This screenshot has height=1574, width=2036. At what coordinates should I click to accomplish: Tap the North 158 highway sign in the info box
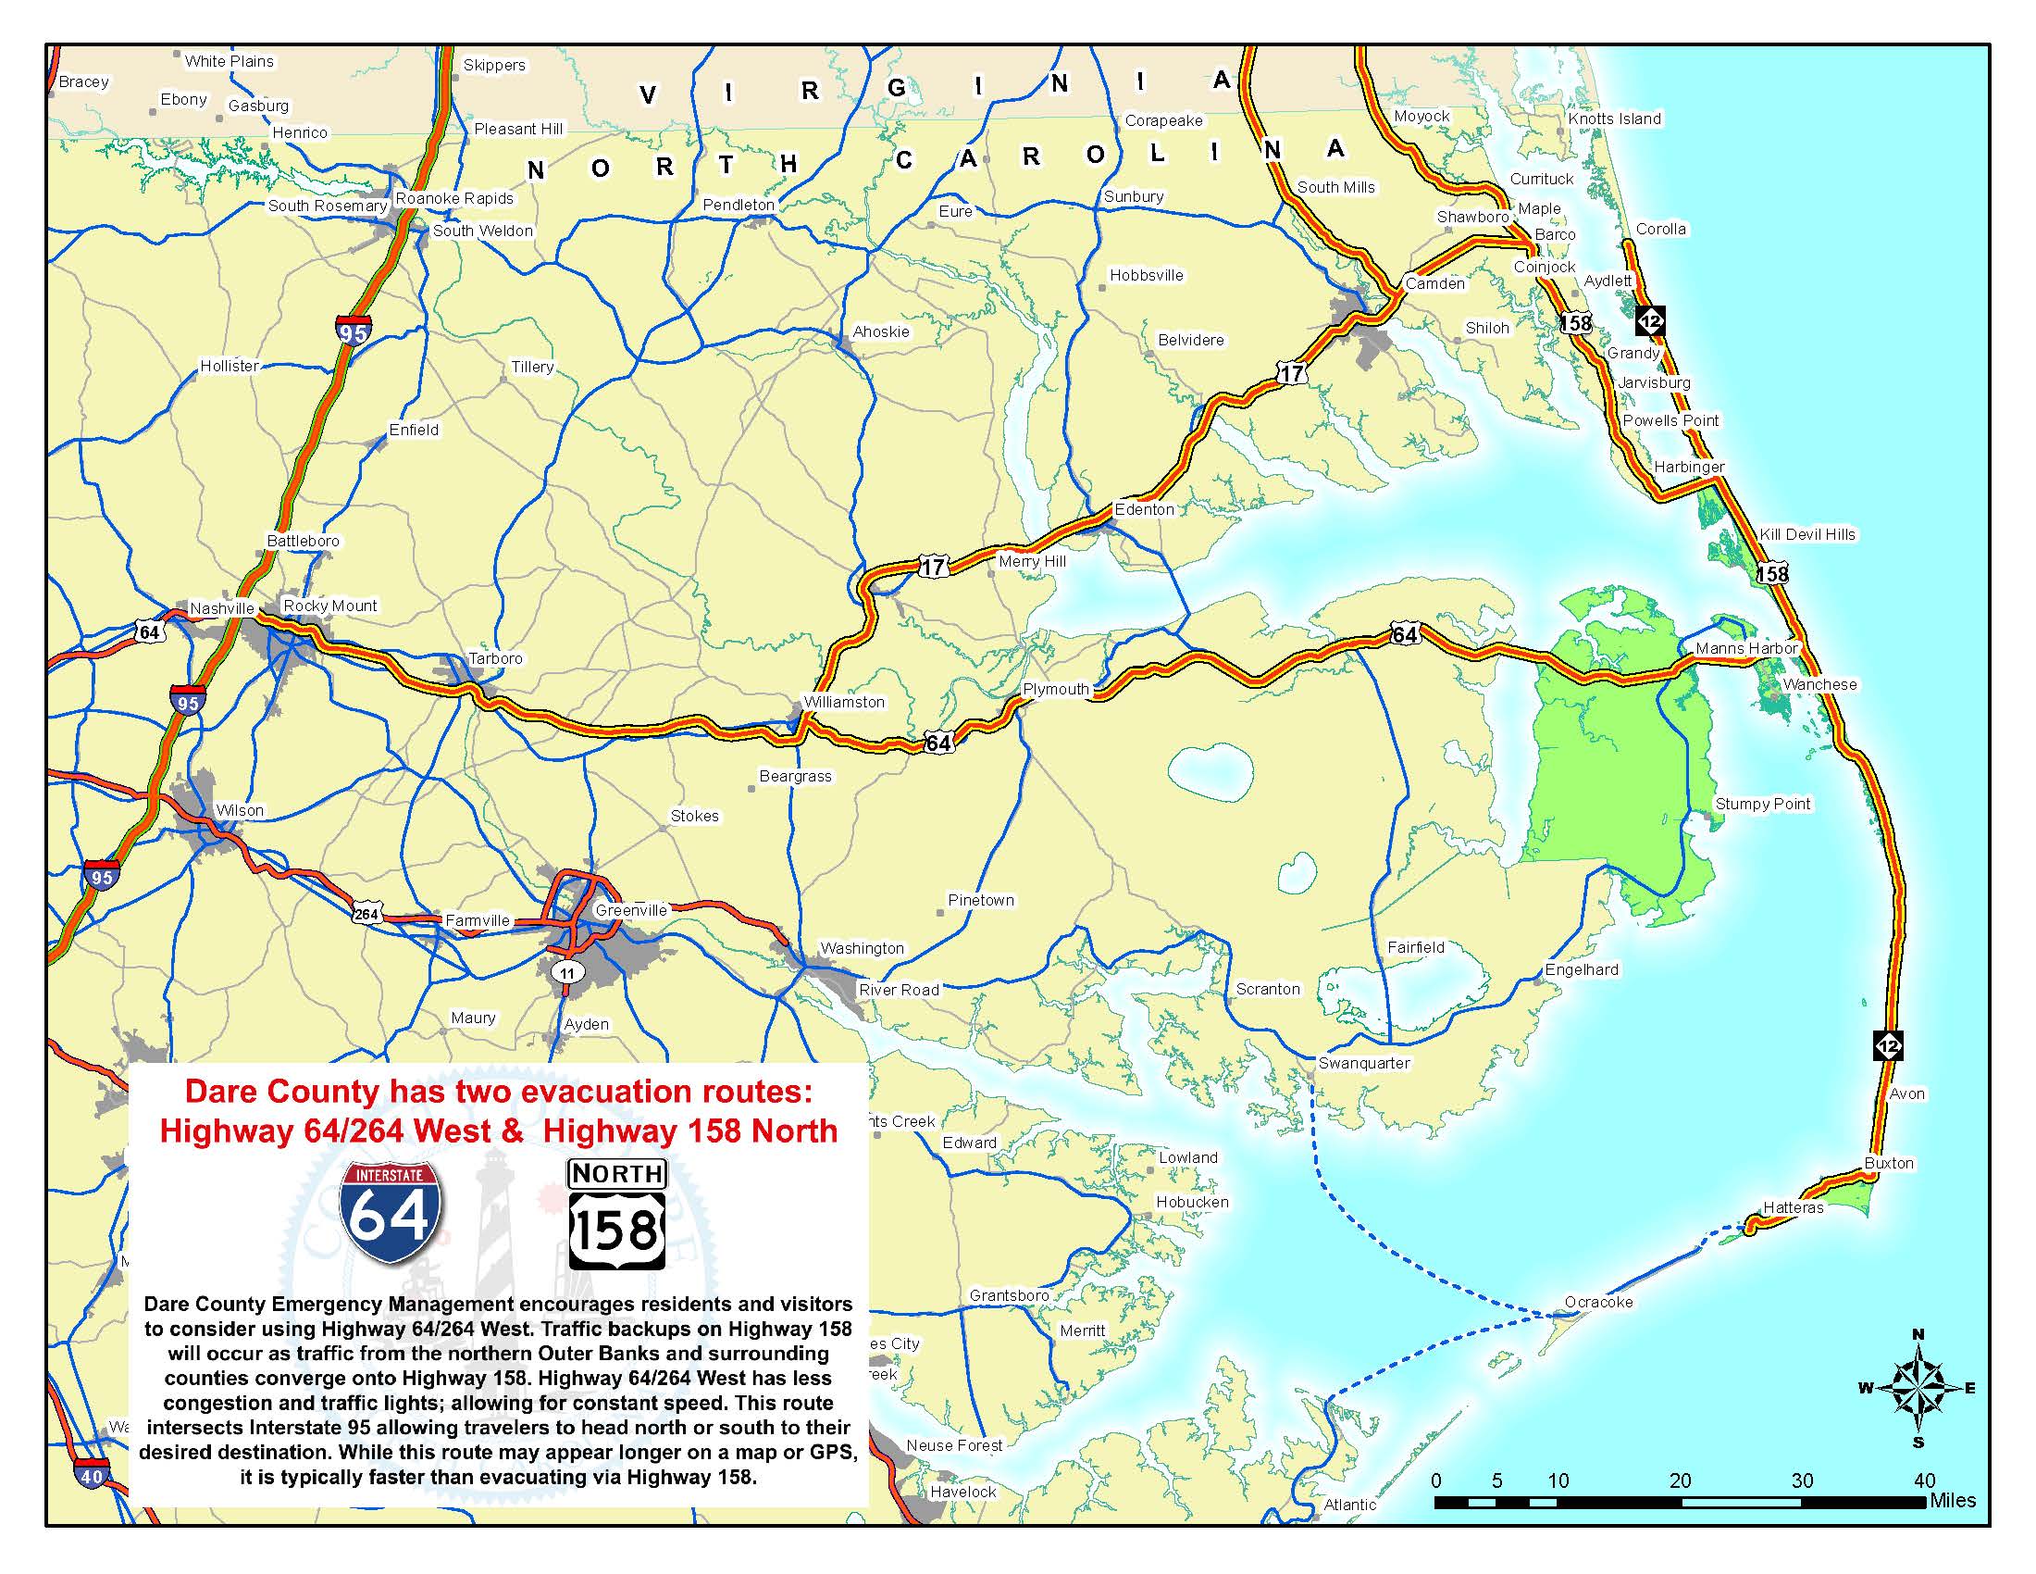(x=616, y=1215)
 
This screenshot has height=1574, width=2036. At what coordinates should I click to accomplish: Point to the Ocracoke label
(x=1598, y=1302)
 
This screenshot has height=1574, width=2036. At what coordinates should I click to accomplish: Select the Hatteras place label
(x=1793, y=1207)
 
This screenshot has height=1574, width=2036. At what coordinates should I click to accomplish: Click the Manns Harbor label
(x=1745, y=648)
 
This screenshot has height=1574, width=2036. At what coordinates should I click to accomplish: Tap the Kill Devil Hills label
(x=1806, y=534)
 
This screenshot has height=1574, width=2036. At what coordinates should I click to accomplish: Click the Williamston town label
(x=844, y=702)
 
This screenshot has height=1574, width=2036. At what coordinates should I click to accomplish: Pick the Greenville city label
(x=631, y=910)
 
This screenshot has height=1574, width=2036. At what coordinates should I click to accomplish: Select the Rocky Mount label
(x=330, y=606)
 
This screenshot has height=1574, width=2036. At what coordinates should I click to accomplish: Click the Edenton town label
(x=1144, y=509)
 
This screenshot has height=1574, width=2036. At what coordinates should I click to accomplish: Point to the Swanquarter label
(x=1363, y=1063)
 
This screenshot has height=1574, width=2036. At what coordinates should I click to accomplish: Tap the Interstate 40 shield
(x=92, y=1476)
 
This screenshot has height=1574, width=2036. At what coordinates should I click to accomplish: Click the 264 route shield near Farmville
(x=366, y=915)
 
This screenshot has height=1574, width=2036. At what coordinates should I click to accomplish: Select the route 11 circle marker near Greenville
(x=566, y=972)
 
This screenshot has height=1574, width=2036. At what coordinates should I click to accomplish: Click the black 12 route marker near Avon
(x=1888, y=1045)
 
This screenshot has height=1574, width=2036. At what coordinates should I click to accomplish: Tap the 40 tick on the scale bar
(x=1924, y=1480)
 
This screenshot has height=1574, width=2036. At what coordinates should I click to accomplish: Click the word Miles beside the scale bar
(x=1952, y=1500)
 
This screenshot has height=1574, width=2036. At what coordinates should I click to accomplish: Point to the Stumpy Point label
(x=1762, y=804)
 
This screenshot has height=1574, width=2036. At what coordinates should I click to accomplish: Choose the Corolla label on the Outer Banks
(x=1660, y=230)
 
